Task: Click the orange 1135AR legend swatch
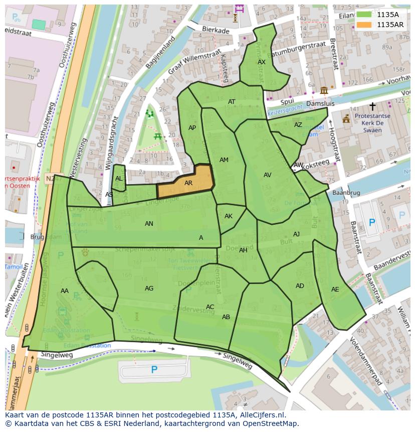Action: [x=364, y=24]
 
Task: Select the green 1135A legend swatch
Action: [x=364, y=15]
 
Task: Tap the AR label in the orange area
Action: [x=188, y=183]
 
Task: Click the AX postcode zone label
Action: [x=262, y=62]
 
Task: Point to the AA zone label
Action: [x=65, y=291]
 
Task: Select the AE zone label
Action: [x=335, y=290]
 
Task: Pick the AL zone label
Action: [x=119, y=179]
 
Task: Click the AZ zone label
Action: [x=298, y=125]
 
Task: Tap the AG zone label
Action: [x=149, y=289]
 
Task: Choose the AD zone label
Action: [x=300, y=286]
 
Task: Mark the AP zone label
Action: [x=192, y=128]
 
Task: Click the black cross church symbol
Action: [x=372, y=106]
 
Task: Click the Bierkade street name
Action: [x=215, y=31]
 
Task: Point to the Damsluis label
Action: [x=320, y=103]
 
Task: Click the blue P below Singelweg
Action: [x=154, y=370]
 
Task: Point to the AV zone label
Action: [x=267, y=175]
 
